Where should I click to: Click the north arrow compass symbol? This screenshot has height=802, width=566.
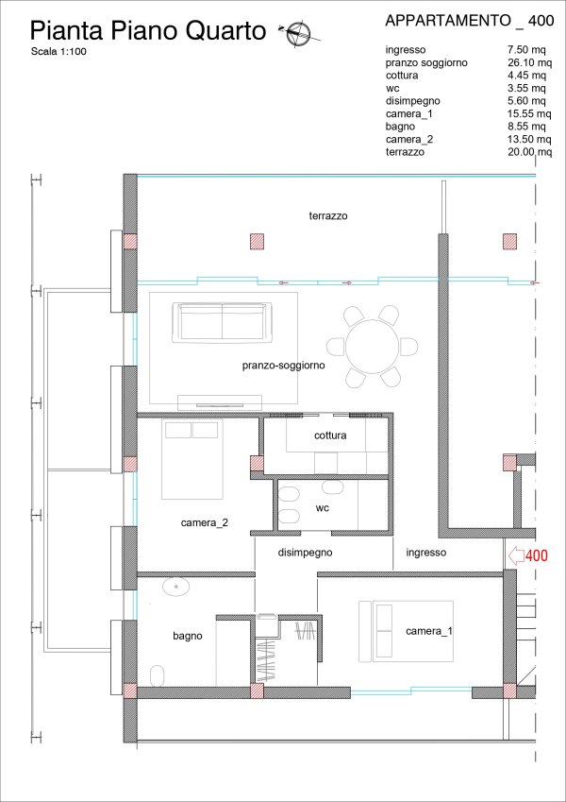pos(298,34)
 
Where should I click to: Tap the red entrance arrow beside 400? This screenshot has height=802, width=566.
pos(516,555)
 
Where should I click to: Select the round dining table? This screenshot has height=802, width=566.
pos(373,347)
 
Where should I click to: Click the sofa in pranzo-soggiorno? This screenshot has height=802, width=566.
pos(223,323)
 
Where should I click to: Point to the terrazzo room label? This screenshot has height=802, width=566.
pos(328,215)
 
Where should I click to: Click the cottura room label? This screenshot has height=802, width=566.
pos(330,435)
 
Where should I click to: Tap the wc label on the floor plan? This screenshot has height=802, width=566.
pos(323,508)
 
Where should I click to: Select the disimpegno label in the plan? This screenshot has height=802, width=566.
pos(305,553)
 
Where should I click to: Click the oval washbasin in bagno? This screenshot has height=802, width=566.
pos(176,587)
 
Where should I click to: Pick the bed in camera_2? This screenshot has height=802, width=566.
pos(192,459)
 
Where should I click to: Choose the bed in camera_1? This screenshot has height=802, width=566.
pos(407,631)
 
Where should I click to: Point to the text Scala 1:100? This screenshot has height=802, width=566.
pos(58,51)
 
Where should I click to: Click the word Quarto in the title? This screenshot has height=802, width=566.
pos(225,31)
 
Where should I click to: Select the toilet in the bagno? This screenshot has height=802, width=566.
pos(158,675)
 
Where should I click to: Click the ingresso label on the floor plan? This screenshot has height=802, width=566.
pos(426,553)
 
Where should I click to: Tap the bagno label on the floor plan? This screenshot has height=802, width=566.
pos(188,636)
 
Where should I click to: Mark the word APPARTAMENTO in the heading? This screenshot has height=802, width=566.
pos(448,21)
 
